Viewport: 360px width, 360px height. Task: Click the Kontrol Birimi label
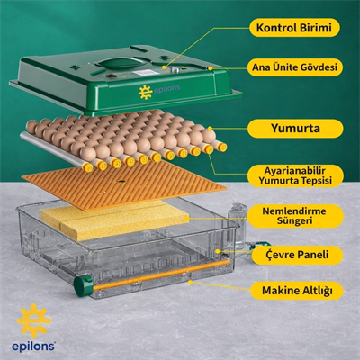click(x=294, y=28)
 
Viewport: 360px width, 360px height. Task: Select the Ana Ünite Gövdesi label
click(x=294, y=67)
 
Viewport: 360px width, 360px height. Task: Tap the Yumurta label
click(x=295, y=129)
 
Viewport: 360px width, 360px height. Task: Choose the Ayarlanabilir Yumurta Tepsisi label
click(x=295, y=176)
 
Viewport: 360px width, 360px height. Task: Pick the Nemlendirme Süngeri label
click(x=295, y=216)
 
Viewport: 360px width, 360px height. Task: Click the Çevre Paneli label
click(x=297, y=256)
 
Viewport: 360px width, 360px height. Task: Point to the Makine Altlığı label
click(x=297, y=291)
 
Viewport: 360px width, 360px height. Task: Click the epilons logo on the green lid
click(x=159, y=92)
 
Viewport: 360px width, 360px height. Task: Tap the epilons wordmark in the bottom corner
click(x=33, y=346)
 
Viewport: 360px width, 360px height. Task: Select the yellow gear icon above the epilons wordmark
click(x=33, y=321)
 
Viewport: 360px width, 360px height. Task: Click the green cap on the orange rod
click(x=84, y=286)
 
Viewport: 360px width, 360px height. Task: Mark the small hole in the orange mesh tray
click(x=121, y=181)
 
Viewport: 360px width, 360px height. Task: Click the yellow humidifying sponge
click(x=115, y=220)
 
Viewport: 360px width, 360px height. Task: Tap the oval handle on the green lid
click(x=121, y=63)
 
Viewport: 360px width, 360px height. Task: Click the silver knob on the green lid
click(x=175, y=70)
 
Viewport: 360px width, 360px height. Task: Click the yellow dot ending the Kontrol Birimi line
click(x=164, y=67)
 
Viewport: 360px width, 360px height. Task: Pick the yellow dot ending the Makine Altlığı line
click(x=190, y=282)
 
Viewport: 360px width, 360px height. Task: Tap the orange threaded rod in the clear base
click(x=161, y=275)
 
